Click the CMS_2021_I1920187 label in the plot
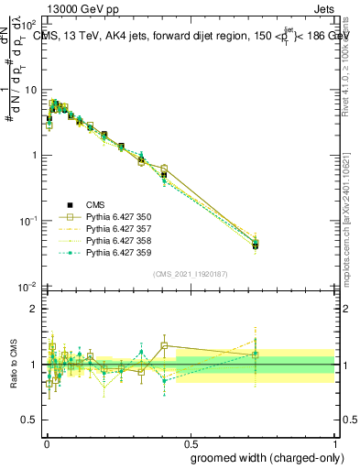(x=191, y=274)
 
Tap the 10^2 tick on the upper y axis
(x=32, y=24)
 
